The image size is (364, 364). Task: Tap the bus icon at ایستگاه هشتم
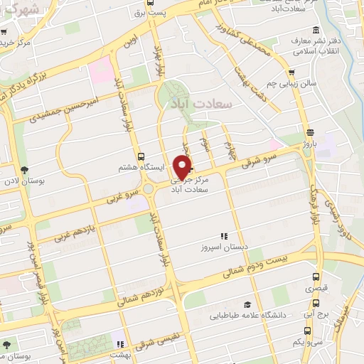tap(140, 156)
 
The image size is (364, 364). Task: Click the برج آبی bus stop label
tap(311, 313)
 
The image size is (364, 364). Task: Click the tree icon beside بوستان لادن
tap(26, 170)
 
